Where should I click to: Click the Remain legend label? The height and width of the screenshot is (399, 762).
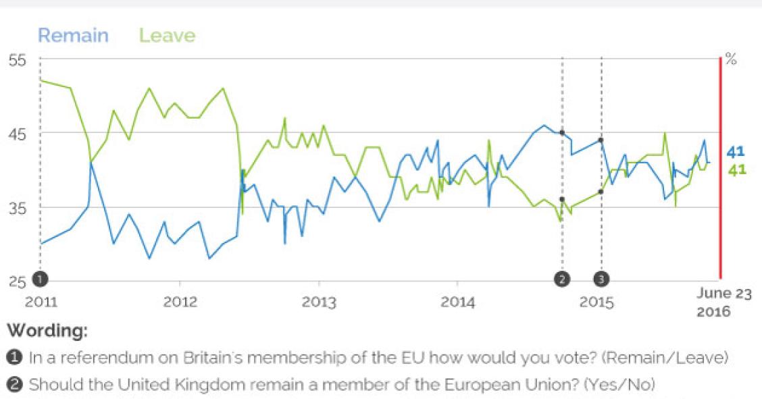point(73,35)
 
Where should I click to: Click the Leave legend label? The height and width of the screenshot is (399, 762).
point(167,35)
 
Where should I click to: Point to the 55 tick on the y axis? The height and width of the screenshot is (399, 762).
point(17,60)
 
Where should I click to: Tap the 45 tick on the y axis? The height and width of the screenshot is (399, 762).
point(17,134)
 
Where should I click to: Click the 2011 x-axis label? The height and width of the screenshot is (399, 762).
point(41,302)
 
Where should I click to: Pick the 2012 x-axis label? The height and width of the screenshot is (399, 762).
point(180,302)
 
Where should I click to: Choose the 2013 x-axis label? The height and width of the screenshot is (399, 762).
point(319,302)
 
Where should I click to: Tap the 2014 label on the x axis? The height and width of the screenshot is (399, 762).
point(458,302)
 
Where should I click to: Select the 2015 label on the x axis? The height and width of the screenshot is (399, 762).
point(597,302)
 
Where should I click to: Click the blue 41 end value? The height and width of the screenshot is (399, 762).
point(736,151)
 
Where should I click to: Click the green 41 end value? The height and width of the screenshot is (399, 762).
point(736,169)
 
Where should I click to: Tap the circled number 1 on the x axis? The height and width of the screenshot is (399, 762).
point(41,278)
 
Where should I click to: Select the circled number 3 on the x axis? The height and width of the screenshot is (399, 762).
point(601,278)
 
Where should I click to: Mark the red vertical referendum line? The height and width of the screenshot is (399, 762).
point(720,169)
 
